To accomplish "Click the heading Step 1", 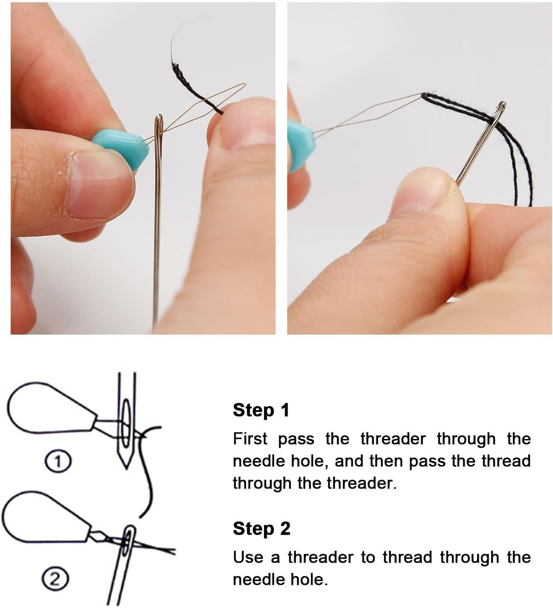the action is (x=261, y=410).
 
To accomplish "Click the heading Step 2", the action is (x=261, y=528).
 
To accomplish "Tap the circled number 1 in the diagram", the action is (x=58, y=461).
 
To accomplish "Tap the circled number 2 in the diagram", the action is (x=55, y=580).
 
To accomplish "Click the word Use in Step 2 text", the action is (x=248, y=557).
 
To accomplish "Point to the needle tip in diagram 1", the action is (x=126, y=469).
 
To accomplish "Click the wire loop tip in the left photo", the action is (x=245, y=85).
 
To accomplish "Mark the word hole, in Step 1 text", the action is (x=308, y=461).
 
